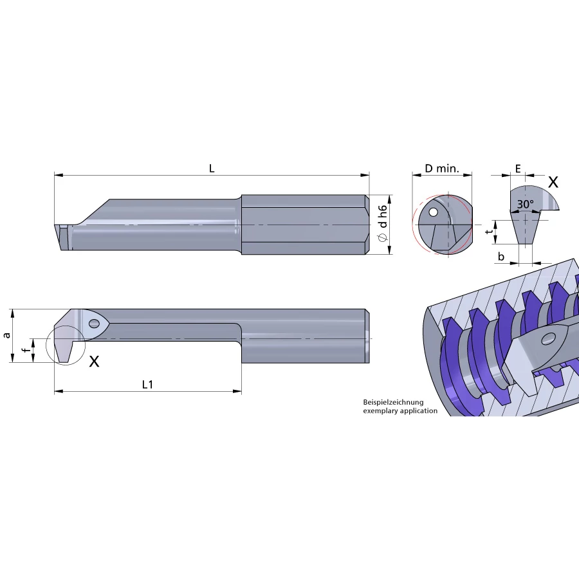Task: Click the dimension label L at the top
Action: pos(212,169)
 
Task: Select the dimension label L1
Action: pos(147,384)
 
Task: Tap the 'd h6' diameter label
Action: pos(383,216)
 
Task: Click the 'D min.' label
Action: pos(441,169)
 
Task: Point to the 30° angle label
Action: pos(525,204)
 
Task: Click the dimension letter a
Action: pos(7,335)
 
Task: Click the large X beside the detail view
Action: pos(553,182)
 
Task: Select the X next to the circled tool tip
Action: pos(94,362)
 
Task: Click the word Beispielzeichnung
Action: pos(393,402)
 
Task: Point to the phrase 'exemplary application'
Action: pos(400,410)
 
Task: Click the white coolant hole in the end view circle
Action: pos(434,212)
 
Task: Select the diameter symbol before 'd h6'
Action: pos(383,238)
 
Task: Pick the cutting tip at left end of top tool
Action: pos(62,236)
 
